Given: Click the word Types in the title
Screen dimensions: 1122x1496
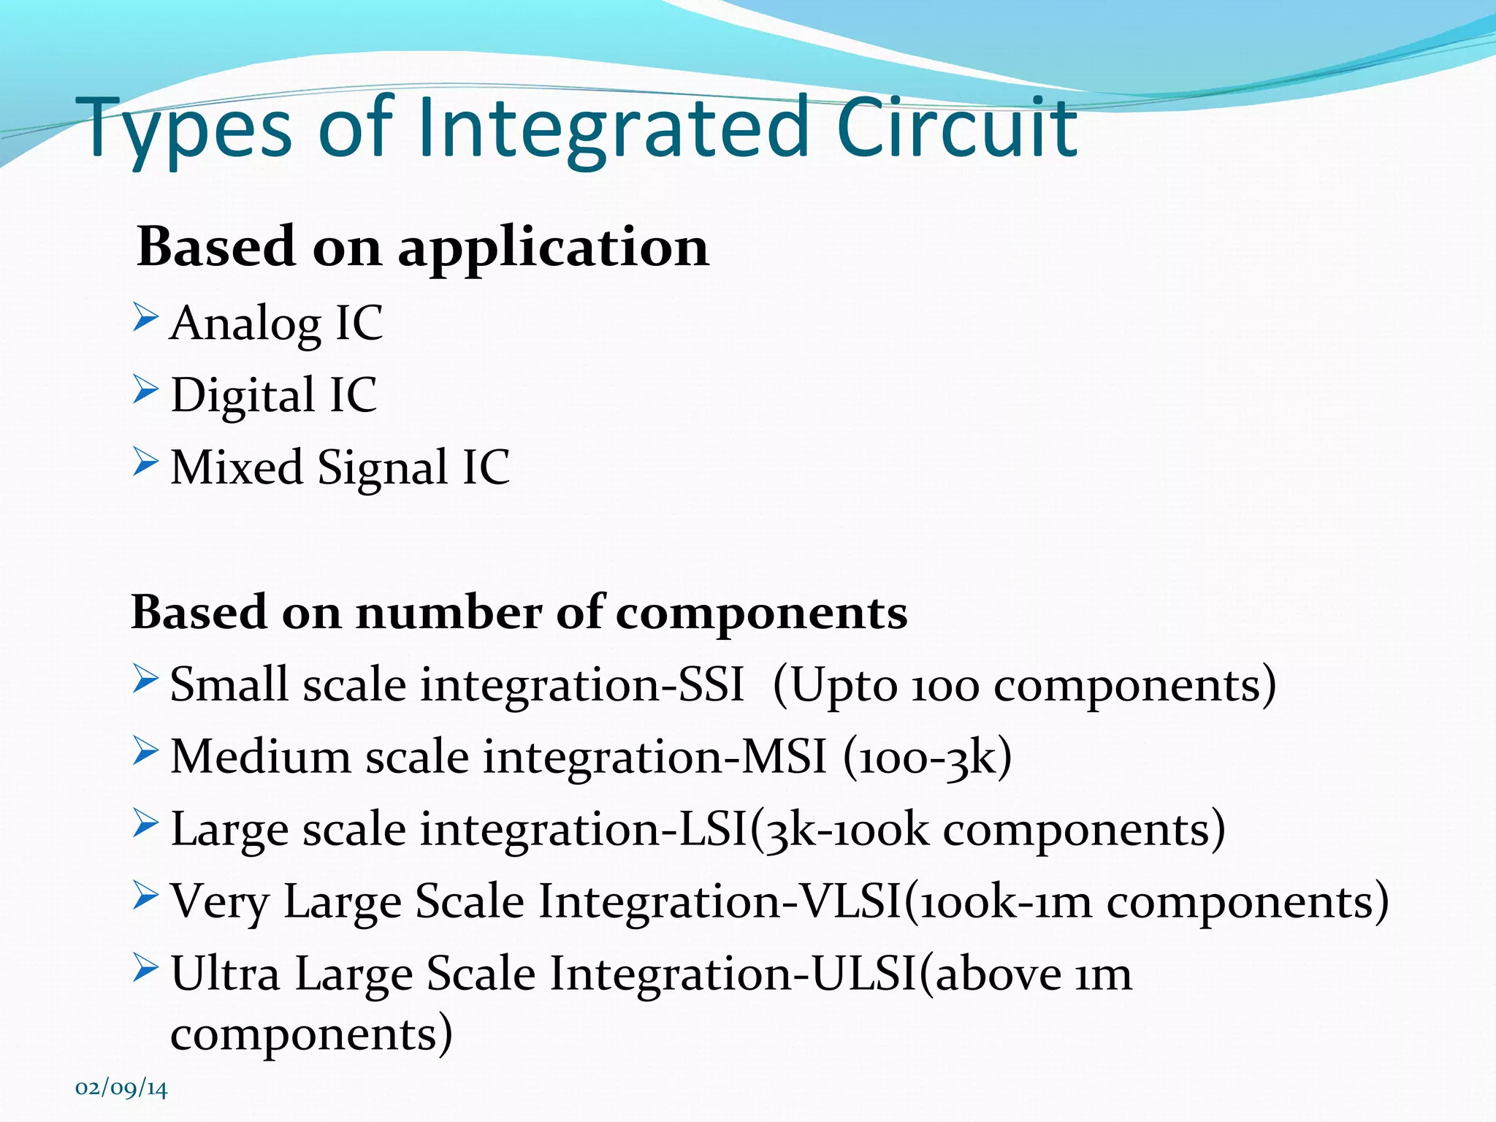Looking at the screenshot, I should pos(188,130).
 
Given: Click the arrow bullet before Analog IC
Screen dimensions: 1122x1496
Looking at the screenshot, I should pos(145,318).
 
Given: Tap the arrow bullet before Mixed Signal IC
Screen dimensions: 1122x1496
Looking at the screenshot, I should pos(145,462).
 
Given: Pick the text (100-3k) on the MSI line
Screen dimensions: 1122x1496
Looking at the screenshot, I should pos(927,757).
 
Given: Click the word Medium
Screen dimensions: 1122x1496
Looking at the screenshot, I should pos(260,757).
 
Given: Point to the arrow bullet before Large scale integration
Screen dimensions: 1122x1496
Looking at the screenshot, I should pos(145,823).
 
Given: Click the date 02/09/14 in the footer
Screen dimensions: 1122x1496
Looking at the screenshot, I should pos(121,1088).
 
